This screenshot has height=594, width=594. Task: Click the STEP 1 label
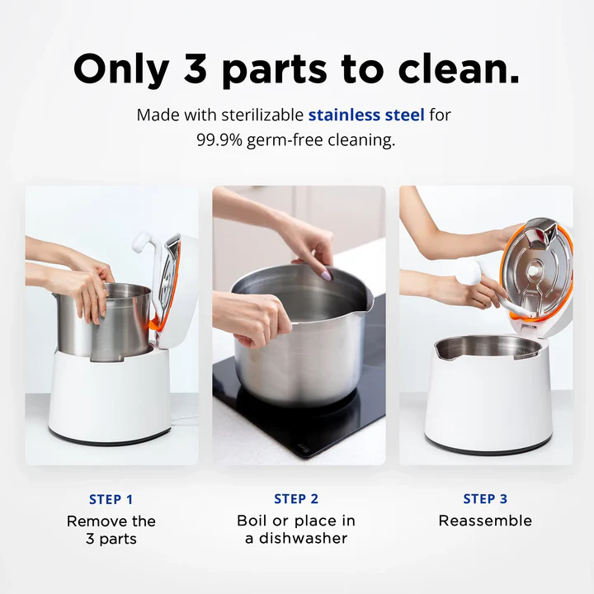(111, 499)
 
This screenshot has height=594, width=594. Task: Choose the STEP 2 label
(296, 499)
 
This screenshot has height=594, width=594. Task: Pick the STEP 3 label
(485, 499)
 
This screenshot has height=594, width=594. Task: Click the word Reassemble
(485, 521)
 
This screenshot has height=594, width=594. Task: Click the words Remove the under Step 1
(111, 521)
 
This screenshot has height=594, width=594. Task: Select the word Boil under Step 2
(253, 521)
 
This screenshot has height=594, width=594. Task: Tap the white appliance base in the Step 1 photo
(108, 396)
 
